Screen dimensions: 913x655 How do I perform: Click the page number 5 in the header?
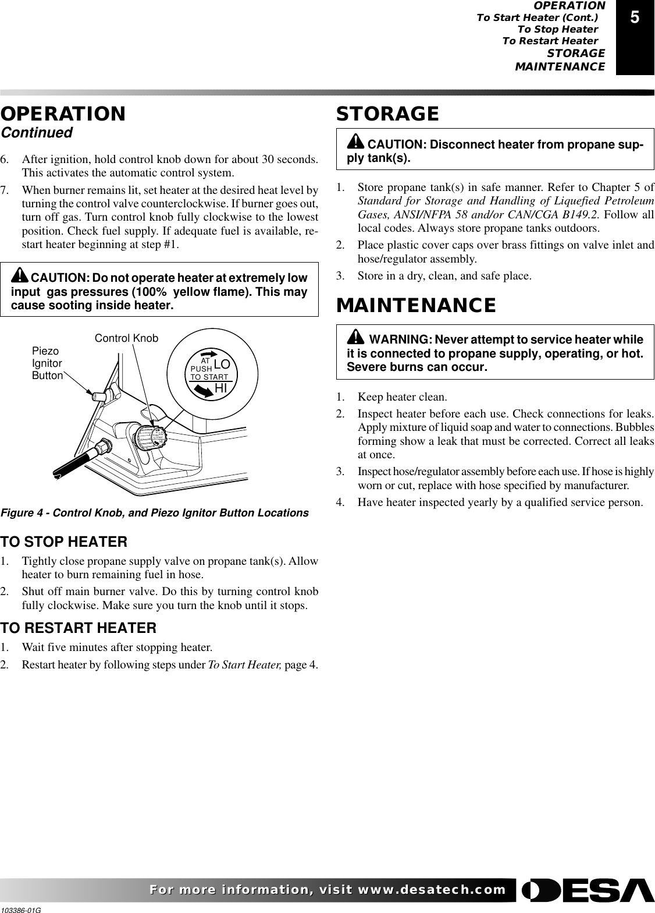pyautogui.click(x=635, y=17)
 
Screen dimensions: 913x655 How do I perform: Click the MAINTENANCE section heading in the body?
pyautogui.click(x=413, y=305)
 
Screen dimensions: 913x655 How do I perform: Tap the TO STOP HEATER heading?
pyautogui.click(x=63, y=542)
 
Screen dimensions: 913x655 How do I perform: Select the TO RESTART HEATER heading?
pyautogui.click(x=78, y=628)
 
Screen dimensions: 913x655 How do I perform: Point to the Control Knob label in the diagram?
pyautogui.click(x=127, y=338)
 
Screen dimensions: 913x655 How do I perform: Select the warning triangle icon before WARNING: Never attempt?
pyautogui.click(x=354, y=338)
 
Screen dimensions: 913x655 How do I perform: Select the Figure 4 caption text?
pyautogui.click(x=154, y=513)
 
